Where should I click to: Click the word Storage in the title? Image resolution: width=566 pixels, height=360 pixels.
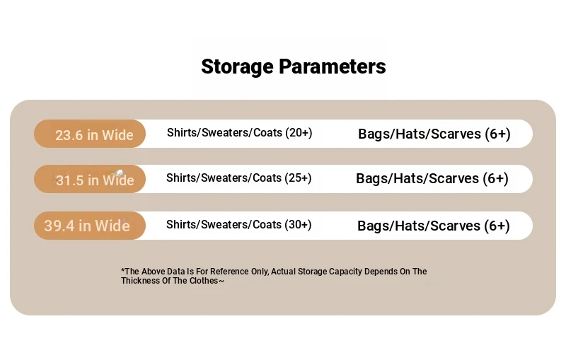click(237, 67)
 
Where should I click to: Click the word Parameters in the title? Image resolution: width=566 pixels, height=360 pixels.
click(332, 66)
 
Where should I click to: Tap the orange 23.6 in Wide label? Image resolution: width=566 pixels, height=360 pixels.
click(90, 134)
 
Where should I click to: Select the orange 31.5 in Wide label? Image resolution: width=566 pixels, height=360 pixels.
click(90, 179)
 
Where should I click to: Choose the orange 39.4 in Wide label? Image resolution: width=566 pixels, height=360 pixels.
click(90, 226)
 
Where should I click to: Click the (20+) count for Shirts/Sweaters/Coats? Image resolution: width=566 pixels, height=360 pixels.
click(299, 133)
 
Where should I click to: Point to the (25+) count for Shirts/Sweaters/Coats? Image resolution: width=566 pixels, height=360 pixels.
click(298, 178)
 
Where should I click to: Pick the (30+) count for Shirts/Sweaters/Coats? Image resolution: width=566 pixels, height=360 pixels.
click(298, 225)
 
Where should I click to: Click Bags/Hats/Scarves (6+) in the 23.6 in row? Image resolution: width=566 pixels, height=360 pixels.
click(434, 134)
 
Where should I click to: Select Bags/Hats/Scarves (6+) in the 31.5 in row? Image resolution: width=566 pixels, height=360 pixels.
click(432, 179)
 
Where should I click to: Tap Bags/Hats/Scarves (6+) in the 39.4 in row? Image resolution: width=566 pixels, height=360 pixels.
click(434, 226)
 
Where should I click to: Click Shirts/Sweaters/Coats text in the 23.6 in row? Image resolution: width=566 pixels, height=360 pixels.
click(224, 133)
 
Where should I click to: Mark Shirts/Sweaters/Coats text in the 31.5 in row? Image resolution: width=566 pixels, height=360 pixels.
click(224, 178)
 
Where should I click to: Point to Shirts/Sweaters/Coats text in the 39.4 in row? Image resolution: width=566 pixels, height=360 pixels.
click(224, 225)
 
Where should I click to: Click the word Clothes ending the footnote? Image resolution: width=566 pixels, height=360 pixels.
click(204, 281)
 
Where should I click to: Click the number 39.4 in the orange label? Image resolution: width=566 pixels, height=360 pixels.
click(59, 226)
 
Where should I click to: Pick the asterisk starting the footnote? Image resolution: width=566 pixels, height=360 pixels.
click(123, 269)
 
